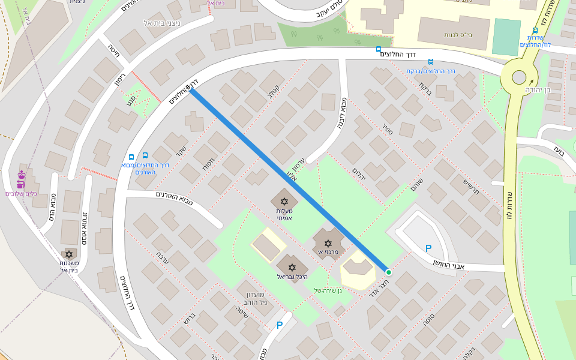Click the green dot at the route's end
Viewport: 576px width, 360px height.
[388, 272]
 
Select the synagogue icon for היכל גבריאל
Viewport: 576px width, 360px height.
[292, 266]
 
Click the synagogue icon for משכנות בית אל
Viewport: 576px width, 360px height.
[69, 254]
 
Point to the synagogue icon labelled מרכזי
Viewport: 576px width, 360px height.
[328, 243]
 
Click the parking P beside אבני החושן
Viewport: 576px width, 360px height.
[428, 248]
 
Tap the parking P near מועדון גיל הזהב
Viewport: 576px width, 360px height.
[279, 325]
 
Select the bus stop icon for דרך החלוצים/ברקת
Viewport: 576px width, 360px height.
[431, 62]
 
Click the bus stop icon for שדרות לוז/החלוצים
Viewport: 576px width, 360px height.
[535, 31]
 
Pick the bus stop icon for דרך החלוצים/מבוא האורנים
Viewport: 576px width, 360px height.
[130, 156]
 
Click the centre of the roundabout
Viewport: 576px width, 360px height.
[519, 77]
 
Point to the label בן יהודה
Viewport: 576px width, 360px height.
[538, 90]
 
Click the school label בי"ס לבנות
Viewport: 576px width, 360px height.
[461, 35]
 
